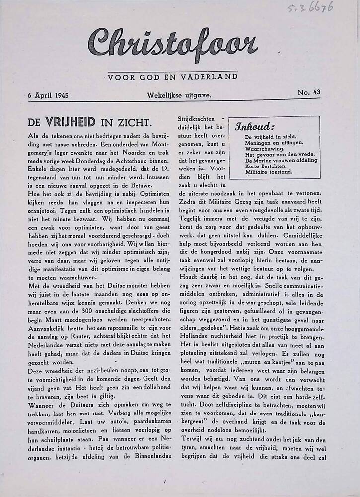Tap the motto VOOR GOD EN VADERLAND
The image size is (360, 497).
pyautogui.click(x=172, y=77)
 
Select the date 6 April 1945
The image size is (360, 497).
pyautogui.click(x=48, y=95)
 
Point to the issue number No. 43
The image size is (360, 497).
pyautogui.click(x=308, y=92)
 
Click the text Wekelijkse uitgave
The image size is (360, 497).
pyautogui.click(x=179, y=95)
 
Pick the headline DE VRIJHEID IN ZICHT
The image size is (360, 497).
pyautogui.click(x=89, y=122)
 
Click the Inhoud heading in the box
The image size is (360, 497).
pyautogui.click(x=254, y=126)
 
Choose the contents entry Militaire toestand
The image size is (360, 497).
pyautogui.click(x=269, y=172)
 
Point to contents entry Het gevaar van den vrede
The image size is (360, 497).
pyautogui.click(x=276, y=154)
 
